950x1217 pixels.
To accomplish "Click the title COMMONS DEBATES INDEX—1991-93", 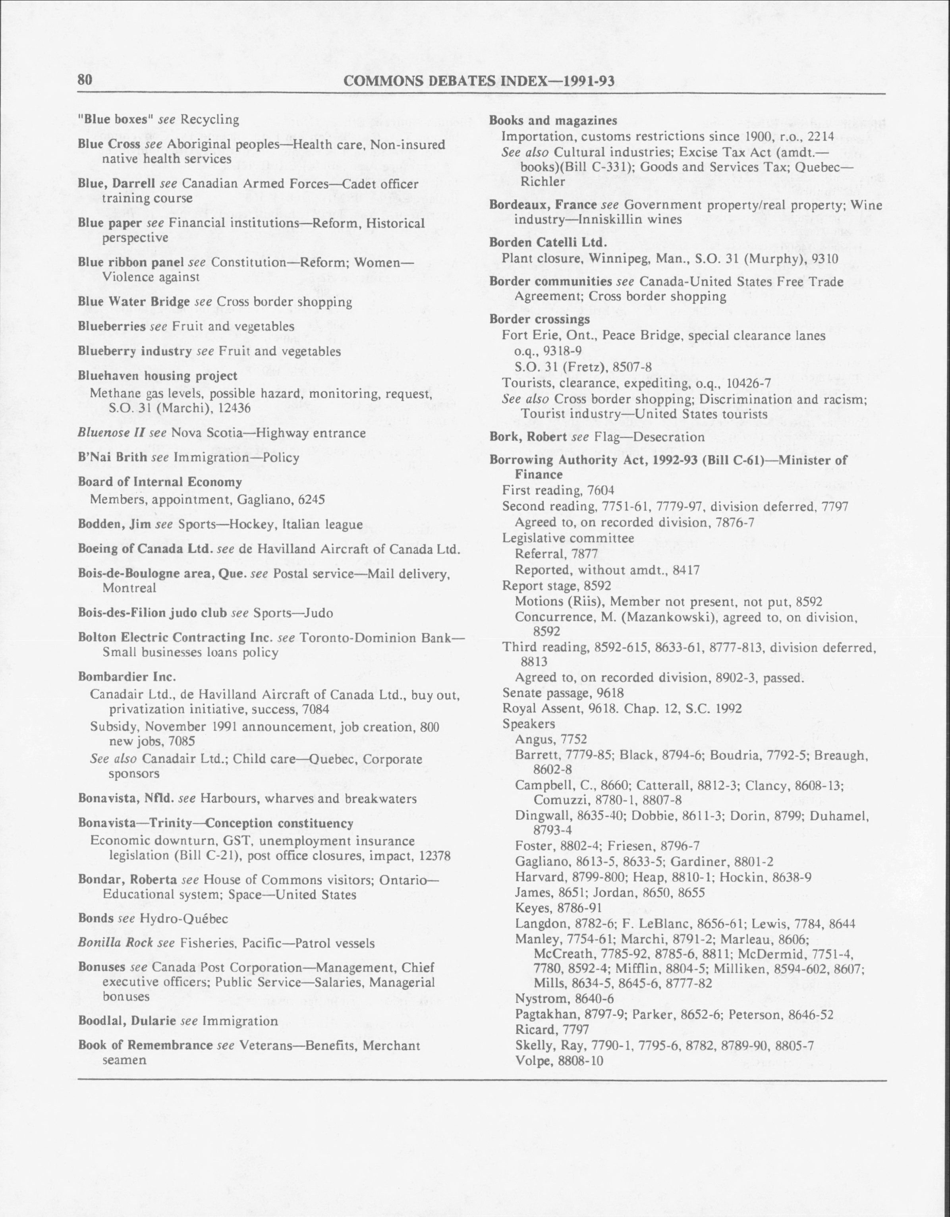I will pyautogui.click(x=479, y=81).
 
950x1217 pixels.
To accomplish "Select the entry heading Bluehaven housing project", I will pyautogui.click(x=158, y=376).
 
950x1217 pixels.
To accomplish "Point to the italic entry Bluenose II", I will pyautogui.click(x=112, y=433).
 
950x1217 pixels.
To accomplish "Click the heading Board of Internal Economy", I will pyautogui.click(x=160, y=482).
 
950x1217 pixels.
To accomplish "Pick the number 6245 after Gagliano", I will pyautogui.click(x=311, y=499).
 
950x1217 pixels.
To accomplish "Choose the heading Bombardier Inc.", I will pyautogui.click(x=127, y=677).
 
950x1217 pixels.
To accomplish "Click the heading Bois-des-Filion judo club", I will pyautogui.click(x=152, y=613).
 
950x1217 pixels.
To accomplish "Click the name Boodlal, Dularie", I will pyautogui.click(x=127, y=1020).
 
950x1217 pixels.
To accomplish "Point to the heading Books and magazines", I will pyautogui.click(x=553, y=120).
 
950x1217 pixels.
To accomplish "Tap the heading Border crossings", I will pyautogui.click(x=539, y=319).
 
